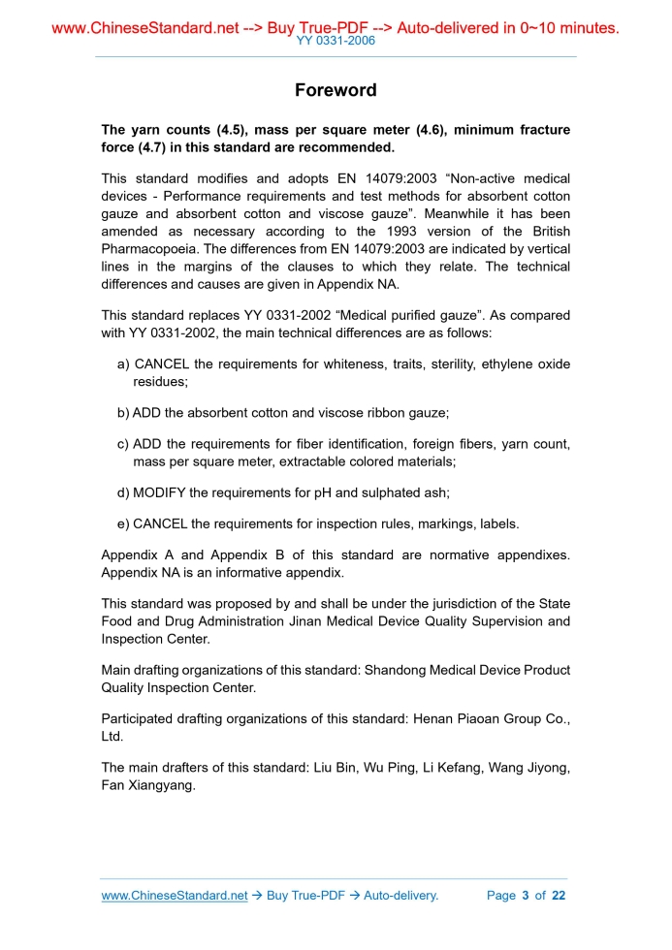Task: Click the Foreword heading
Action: click(336, 90)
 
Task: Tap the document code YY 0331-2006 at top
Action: click(336, 41)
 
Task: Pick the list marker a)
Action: click(124, 364)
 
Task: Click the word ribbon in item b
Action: click(363, 413)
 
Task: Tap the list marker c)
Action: click(124, 444)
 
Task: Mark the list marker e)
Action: click(124, 523)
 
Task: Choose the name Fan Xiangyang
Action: click(148, 785)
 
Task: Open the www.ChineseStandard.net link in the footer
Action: click(175, 895)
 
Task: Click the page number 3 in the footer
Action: click(525, 895)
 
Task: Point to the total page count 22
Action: click(558, 895)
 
